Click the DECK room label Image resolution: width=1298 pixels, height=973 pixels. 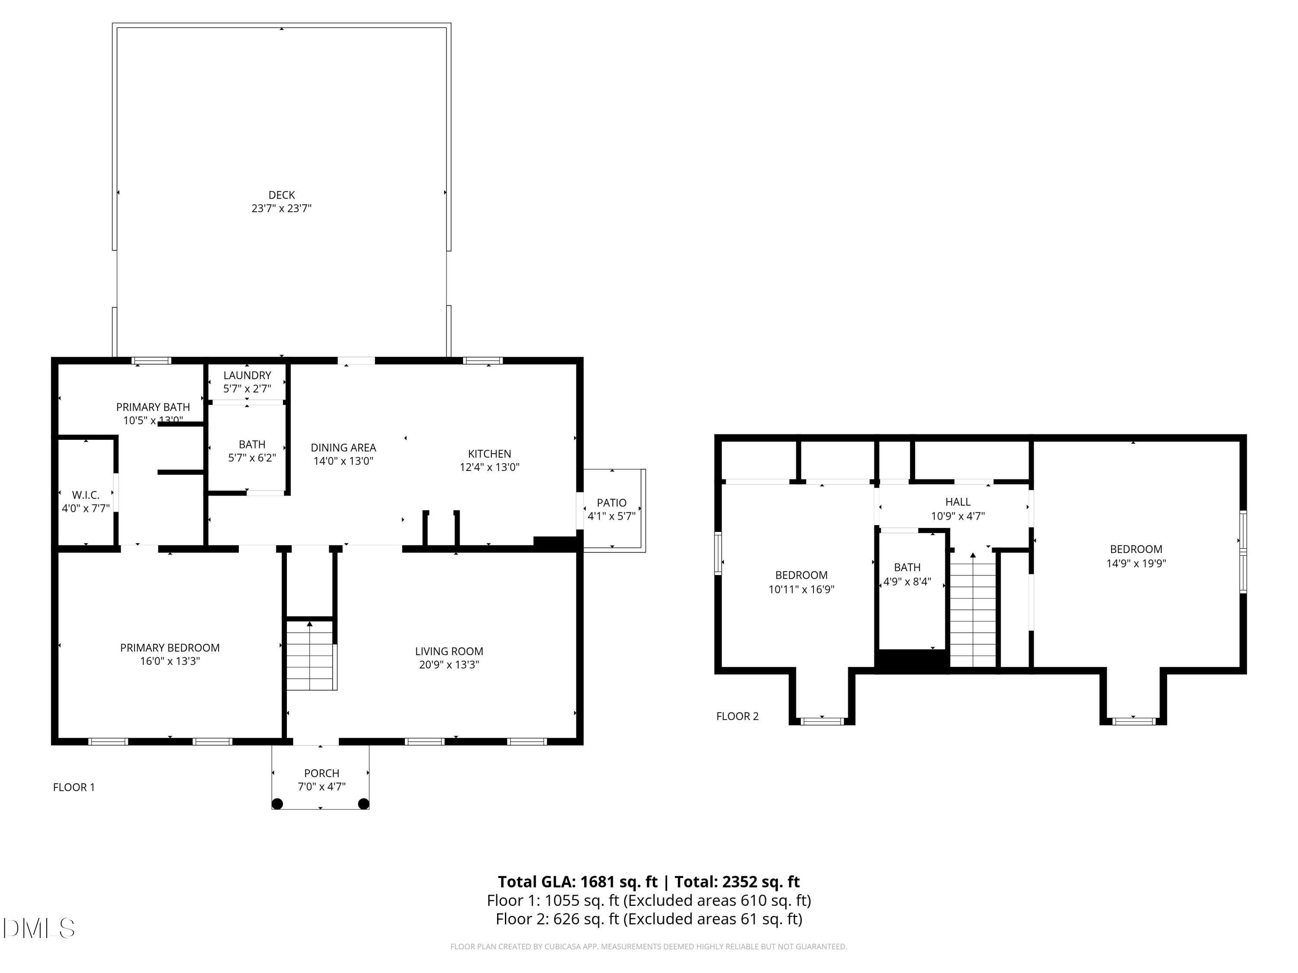click(281, 195)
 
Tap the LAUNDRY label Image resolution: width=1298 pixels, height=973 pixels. click(247, 375)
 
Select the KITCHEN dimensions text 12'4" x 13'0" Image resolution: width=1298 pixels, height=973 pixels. click(489, 467)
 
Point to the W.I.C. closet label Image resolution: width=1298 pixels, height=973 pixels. click(86, 495)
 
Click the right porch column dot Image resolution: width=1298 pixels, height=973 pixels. click(364, 803)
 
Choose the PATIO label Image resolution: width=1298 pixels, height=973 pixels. click(611, 503)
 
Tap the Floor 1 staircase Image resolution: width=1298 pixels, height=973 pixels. click(310, 657)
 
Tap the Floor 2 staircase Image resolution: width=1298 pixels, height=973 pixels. click(973, 613)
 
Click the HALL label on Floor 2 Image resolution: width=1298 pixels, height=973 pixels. click(957, 502)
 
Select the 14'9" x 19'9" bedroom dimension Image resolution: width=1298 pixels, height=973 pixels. click(1136, 563)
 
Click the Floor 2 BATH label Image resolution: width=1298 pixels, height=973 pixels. click(907, 567)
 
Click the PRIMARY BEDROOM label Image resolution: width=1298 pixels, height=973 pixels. click(170, 647)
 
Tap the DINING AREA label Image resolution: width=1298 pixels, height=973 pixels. click(343, 448)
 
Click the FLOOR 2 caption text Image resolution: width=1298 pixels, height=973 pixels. click(737, 716)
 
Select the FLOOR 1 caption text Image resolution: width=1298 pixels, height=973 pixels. click(74, 787)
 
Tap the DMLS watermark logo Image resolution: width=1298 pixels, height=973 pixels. click(39, 928)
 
